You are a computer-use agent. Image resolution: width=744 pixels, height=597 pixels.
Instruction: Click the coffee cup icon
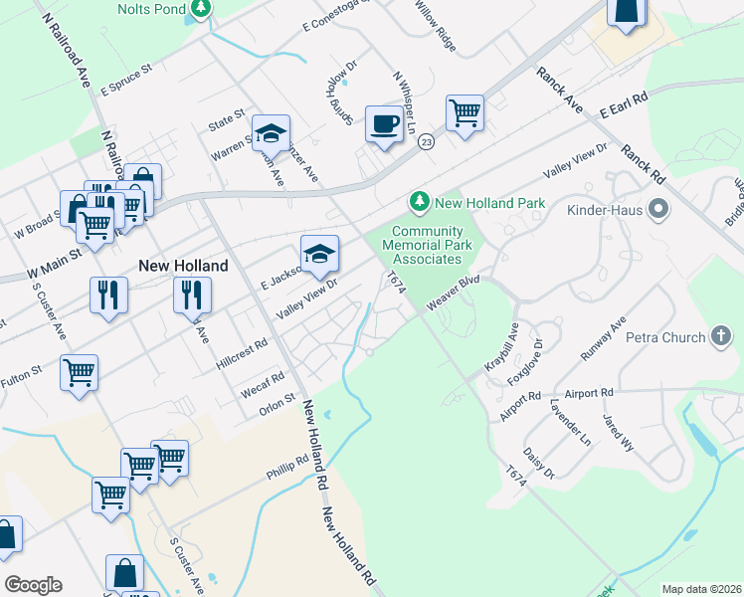click(x=384, y=124)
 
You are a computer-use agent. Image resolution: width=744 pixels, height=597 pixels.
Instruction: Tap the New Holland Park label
click(x=489, y=203)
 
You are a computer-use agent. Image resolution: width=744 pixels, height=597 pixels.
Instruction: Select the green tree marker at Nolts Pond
click(x=201, y=7)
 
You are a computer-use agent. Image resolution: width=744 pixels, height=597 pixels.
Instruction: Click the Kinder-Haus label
click(x=607, y=210)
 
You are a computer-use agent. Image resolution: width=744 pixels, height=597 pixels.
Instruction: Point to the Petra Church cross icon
click(x=722, y=337)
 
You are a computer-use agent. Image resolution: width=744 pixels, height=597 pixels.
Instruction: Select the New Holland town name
click(x=183, y=266)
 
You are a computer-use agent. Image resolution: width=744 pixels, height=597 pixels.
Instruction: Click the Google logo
click(x=33, y=584)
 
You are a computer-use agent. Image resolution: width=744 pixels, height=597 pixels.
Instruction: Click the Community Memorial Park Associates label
click(x=422, y=245)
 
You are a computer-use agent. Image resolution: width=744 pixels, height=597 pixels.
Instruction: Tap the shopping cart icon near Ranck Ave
click(x=465, y=113)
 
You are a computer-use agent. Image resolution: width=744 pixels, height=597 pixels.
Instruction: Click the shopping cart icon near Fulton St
click(x=79, y=373)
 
